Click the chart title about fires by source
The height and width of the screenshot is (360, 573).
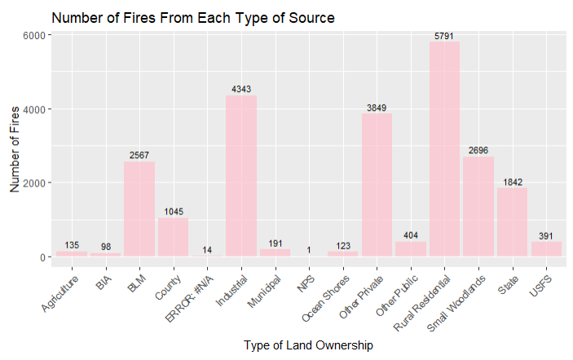pyautogui.click(x=193, y=17)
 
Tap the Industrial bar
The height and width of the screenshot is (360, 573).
pyautogui.click(x=241, y=176)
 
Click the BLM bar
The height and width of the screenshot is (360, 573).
pyautogui.click(x=139, y=209)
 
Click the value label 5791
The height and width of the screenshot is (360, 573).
pyautogui.click(x=444, y=36)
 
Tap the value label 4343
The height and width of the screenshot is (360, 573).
pyautogui.click(x=241, y=89)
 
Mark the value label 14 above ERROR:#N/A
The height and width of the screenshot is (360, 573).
pyautogui.click(x=207, y=250)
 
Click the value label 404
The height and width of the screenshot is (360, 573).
pyautogui.click(x=411, y=235)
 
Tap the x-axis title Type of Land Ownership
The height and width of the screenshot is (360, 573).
pyautogui.click(x=308, y=345)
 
